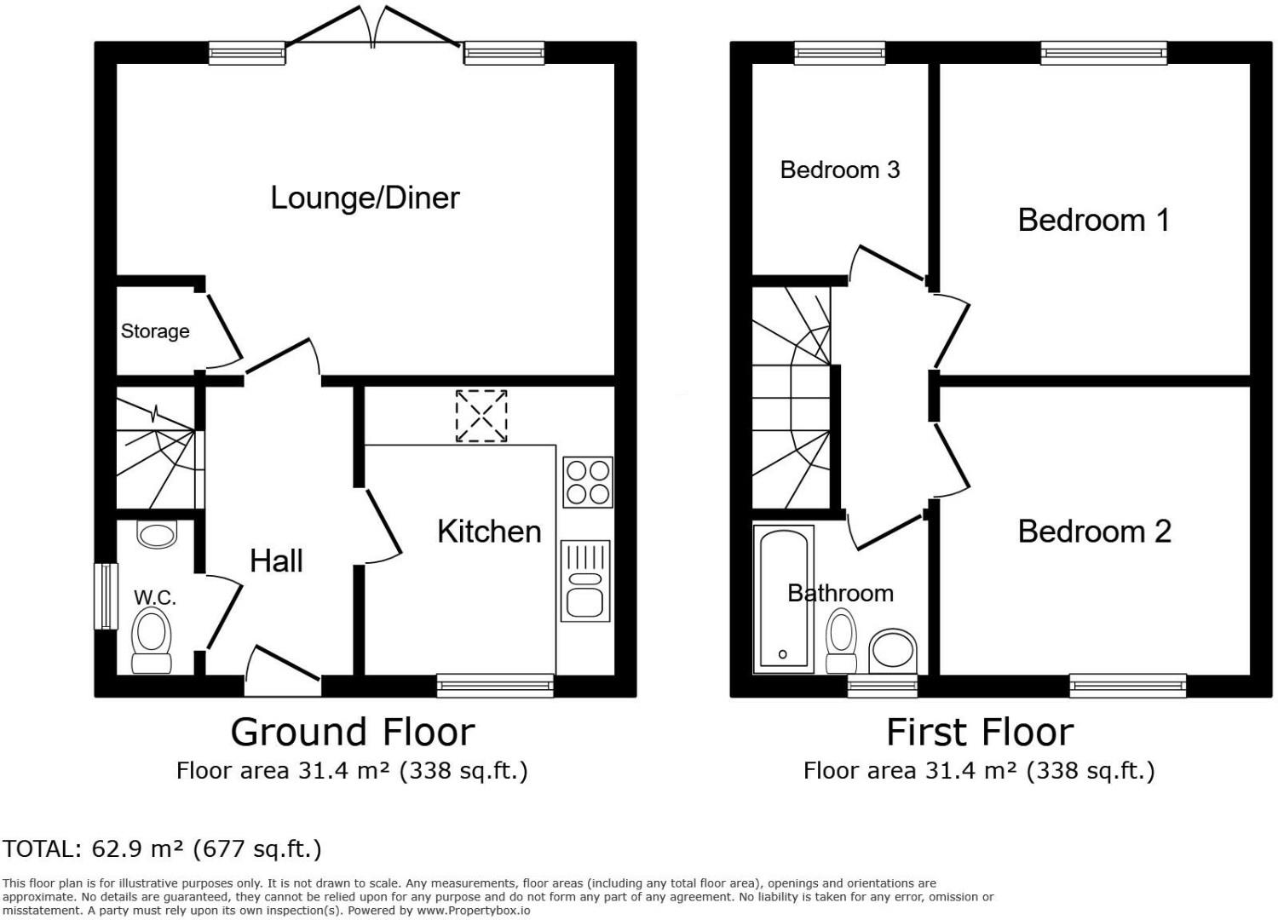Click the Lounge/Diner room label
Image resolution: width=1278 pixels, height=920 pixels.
click(365, 198)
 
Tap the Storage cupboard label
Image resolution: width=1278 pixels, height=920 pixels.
click(155, 331)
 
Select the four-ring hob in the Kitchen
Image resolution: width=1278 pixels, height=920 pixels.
click(588, 482)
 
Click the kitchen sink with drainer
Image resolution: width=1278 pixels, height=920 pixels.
click(585, 580)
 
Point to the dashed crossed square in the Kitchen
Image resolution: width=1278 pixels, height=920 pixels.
click(481, 416)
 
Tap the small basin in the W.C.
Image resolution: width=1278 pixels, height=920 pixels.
click(156, 535)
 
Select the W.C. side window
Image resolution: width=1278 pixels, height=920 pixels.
click(106, 596)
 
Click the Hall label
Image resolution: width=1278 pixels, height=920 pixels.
click(276, 561)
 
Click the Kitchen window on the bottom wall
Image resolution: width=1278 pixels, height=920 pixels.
click(495, 685)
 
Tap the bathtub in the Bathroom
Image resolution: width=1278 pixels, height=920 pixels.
click(784, 599)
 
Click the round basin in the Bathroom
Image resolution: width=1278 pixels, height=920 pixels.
click(893, 652)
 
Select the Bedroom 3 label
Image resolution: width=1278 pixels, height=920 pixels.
click(839, 170)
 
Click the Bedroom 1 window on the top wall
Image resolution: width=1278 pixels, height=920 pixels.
click(1103, 54)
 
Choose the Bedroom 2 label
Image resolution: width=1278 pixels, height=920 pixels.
click(1094, 532)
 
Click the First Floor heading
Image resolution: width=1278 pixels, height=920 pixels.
click(980, 732)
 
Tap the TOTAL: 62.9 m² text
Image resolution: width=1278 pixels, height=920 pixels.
click(162, 848)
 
